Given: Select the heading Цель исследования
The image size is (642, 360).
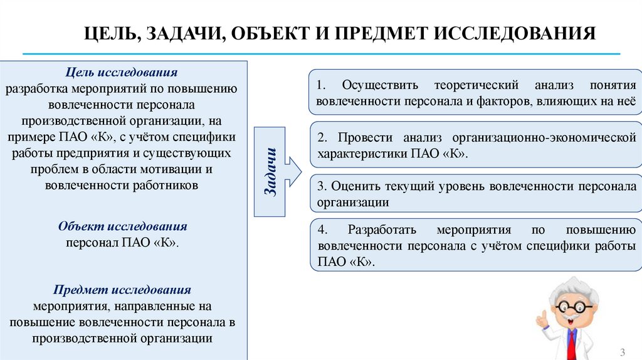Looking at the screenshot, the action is tap(123, 73).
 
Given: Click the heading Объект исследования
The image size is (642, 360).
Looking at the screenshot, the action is tap(123, 226).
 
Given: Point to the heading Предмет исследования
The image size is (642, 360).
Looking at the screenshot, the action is tap(122, 290).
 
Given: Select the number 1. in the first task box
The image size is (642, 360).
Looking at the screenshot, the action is tap(322, 85).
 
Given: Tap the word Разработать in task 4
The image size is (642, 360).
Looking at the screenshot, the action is tap(383, 230).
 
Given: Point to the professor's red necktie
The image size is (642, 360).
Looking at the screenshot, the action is tap(571, 342).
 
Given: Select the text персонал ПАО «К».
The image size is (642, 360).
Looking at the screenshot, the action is tap(123, 243).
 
